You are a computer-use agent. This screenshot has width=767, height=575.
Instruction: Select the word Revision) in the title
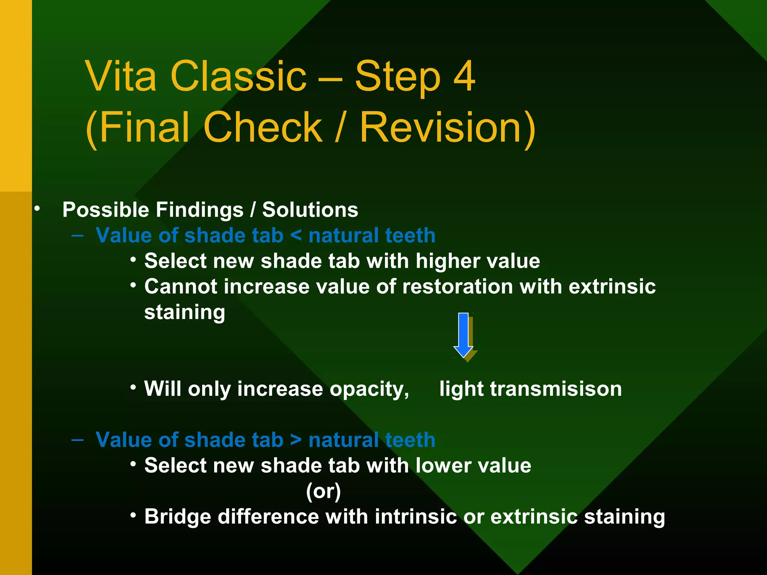pyautogui.click(x=448, y=128)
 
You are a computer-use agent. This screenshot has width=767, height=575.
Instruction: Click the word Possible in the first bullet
pyautogui.click(x=106, y=210)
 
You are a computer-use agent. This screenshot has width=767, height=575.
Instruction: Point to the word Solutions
pyautogui.click(x=310, y=210)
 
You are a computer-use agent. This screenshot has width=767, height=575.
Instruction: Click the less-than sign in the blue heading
pyautogui.click(x=296, y=235)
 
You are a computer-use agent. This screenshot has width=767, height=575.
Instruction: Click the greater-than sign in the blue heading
pyautogui.click(x=296, y=440)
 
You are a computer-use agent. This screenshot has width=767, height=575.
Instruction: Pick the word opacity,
pyautogui.click(x=369, y=389)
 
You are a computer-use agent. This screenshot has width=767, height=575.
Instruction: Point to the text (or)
pyautogui.click(x=323, y=491)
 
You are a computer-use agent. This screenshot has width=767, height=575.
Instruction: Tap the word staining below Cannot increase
pyautogui.click(x=185, y=313)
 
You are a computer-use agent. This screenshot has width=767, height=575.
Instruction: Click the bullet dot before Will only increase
pyautogui.click(x=133, y=387)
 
